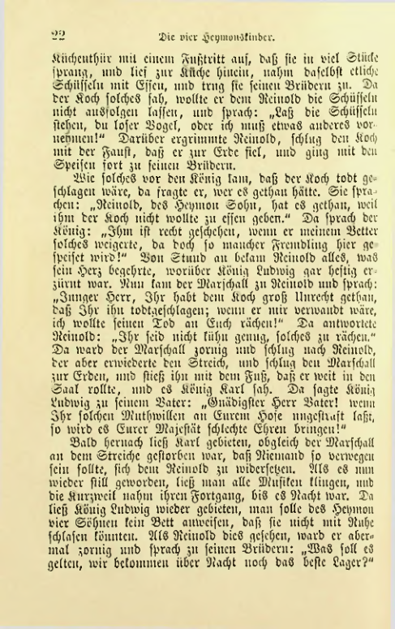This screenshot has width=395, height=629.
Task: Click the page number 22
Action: tap(58, 34)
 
